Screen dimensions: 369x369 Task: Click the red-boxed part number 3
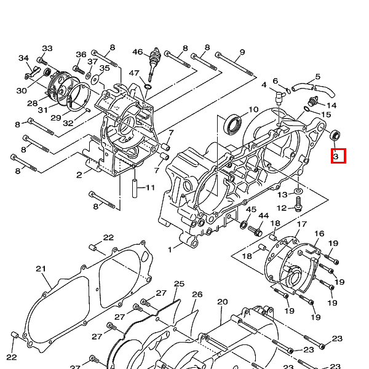(x=336, y=156)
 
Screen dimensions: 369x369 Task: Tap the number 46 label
(x=138, y=52)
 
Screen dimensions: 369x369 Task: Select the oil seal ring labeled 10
(x=232, y=124)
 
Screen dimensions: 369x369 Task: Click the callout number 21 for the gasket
(x=41, y=269)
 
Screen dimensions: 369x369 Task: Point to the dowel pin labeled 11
(x=135, y=189)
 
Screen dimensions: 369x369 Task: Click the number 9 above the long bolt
(x=242, y=52)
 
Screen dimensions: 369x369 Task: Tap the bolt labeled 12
(x=298, y=204)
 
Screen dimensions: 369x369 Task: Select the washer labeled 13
(x=298, y=191)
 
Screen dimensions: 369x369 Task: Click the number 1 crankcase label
(x=170, y=250)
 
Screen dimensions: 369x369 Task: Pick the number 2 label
(x=79, y=175)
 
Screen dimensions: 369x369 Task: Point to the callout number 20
(x=223, y=302)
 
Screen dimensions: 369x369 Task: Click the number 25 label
(x=179, y=284)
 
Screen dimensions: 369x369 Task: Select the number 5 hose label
(x=318, y=76)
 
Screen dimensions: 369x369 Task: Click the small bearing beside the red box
(x=335, y=135)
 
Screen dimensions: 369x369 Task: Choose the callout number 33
(x=47, y=49)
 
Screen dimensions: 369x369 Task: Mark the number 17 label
(x=302, y=224)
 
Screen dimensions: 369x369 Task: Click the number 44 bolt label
(x=264, y=216)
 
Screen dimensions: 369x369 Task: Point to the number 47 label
(x=134, y=73)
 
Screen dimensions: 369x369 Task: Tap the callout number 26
(x=197, y=295)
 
